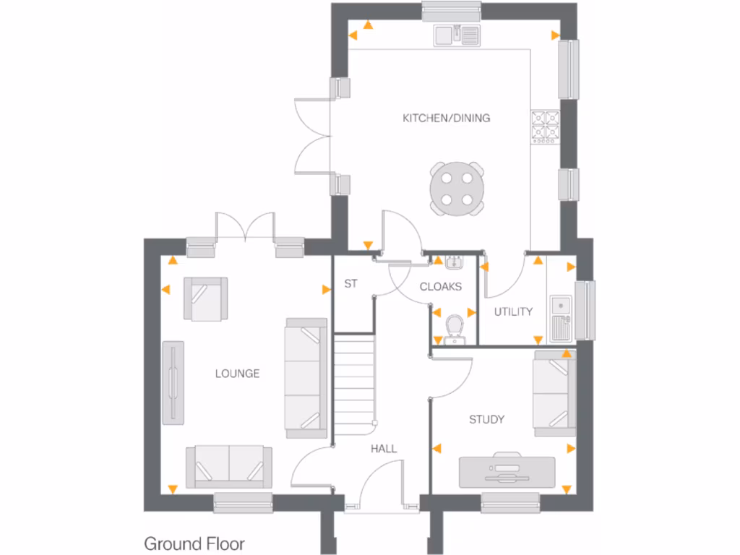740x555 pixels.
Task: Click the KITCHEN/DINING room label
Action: (x=446, y=118)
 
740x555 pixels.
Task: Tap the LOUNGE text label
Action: (x=237, y=374)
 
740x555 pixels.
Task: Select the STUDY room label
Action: (x=486, y=419)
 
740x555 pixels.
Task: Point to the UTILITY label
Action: (x=513, y=311)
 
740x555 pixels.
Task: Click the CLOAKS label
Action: (x=440, y=287)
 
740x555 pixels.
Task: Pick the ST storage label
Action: (x=350, y=284)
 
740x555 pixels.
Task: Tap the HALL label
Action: (x=384, y=449)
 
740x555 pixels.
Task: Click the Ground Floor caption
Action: (x=194, y=543)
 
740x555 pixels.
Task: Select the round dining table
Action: (x=456, y=189)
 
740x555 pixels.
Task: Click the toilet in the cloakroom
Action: (x=455, y=328)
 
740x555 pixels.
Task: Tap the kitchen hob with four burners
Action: (x=544, y=127)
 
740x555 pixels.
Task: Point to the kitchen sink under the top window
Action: (x=457, y=34)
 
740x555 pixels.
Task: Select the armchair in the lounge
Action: (x=205, y=298)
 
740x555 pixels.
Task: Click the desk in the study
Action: (x=507, y=471)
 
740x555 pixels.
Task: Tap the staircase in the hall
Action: (x=356, y=387)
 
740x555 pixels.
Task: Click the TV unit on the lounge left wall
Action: (x=173, y=383)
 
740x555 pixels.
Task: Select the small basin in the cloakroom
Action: (x=454, y=262)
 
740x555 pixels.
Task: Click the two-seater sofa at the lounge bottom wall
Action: (x=229, y=466)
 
